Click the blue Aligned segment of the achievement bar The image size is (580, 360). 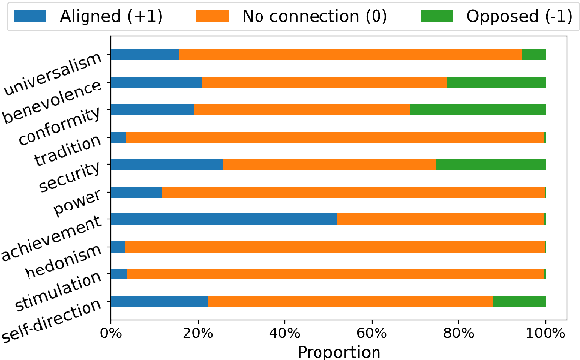click(223, 219)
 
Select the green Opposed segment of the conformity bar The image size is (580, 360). click(478, 110)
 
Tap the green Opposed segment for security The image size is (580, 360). click(491, 164)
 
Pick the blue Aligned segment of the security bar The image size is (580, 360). click(167, 164)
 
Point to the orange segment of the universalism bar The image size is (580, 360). click(350, 55)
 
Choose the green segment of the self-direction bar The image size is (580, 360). click(519, 301)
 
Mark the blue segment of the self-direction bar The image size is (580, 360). click(159, 301)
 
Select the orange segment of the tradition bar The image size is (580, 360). click(334, 137)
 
